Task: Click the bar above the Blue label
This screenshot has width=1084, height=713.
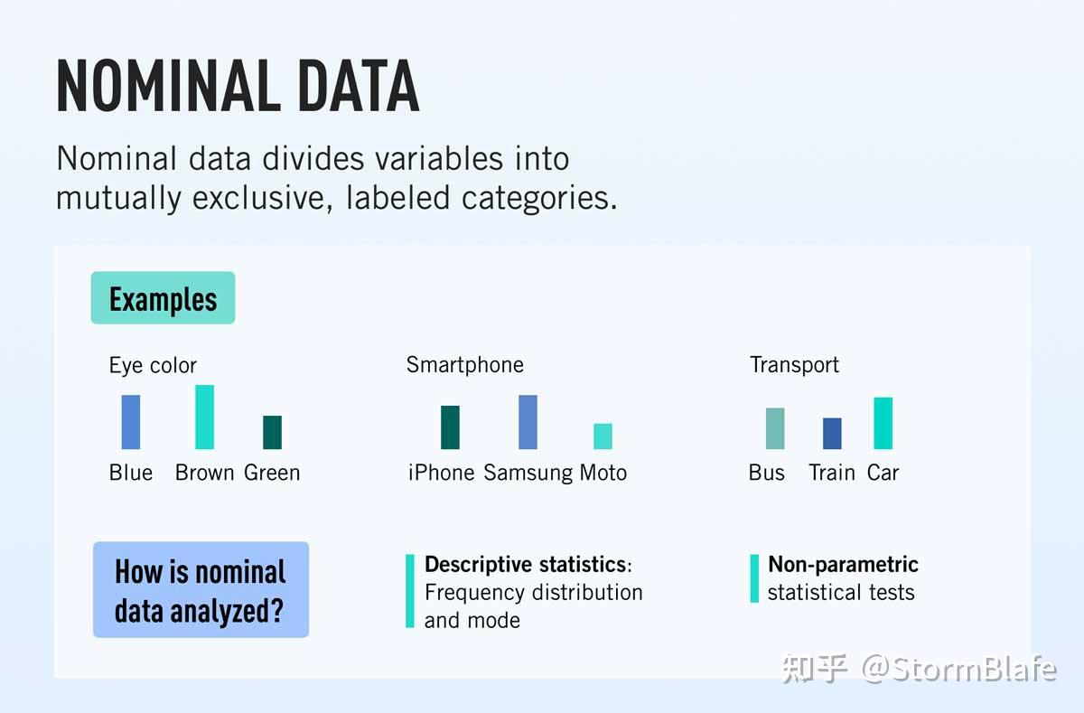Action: point(131,422)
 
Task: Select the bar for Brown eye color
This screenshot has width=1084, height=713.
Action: point(205,417)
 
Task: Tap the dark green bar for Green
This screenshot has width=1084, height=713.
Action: point(272,432)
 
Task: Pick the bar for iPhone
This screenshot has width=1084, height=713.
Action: point(450,427)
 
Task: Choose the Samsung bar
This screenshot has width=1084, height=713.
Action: point(528,422)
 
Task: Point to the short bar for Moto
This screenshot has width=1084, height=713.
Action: point(603,436)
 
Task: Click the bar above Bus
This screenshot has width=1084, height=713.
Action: point(775,428)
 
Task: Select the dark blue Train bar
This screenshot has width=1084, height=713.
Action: point(832,434)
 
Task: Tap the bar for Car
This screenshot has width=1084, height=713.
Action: point(883,423)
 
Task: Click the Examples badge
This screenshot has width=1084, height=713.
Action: point(163,298)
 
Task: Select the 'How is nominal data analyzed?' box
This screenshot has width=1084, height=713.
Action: point(201,590)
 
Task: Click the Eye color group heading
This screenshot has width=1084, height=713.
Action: point(153,365)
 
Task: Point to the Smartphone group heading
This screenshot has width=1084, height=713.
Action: point(464,364)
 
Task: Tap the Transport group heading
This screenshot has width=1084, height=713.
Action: point(794,364)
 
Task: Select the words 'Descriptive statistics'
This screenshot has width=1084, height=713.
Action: point(525,564)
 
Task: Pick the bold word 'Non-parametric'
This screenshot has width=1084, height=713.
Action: point(843,564)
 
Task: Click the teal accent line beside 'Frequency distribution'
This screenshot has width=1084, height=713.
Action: point(410,591)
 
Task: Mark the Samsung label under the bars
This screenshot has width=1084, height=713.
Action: point(528,473)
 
